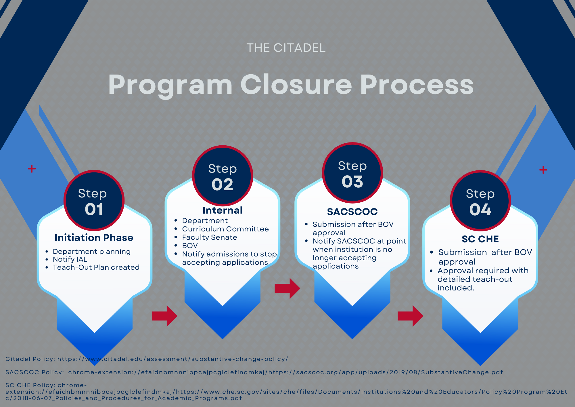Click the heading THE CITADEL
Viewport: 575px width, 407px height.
click(286, 48)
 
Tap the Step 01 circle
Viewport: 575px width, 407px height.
click(94, 201)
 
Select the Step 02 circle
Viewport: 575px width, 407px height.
click(223, 176)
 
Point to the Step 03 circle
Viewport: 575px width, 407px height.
click(352, 173)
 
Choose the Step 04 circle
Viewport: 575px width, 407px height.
click(480, 201)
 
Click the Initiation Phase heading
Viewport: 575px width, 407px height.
click(94, 237)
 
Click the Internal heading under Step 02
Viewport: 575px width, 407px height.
click(223, 210)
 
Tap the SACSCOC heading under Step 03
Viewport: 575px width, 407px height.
click(352, 212)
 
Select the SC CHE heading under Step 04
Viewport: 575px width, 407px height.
click(480, 239)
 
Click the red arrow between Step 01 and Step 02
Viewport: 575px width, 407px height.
click(164, 316)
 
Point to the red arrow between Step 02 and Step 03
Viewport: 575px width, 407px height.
click(287, 288)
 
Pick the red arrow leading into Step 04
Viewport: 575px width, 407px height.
click(410, 316)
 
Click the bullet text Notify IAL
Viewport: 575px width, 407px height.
click(70, 259)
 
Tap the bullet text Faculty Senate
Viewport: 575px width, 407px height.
click(210, 237)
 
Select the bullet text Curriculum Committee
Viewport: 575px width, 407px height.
click(225, 229)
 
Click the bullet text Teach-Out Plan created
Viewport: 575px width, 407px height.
click(96, 267)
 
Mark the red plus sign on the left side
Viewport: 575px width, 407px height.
click(32, 169)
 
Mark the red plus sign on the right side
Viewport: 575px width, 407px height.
click(543, 170)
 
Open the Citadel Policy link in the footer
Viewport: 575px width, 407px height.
click(147, 359)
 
